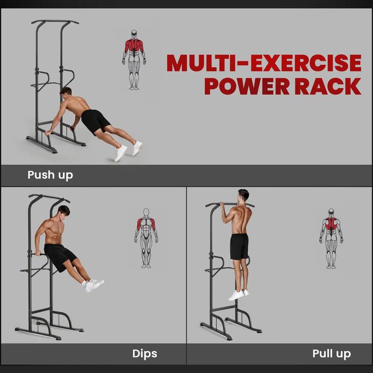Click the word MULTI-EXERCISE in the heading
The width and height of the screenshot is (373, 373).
tap(264, 63)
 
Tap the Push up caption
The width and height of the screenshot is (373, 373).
tap(50, 175)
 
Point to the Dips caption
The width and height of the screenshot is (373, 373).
tap(144, 353)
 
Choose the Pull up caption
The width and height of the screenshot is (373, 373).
tap(331, 353)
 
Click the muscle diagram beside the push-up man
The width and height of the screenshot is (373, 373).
tap(134, 59)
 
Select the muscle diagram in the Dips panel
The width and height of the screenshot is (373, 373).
tap(145, 237)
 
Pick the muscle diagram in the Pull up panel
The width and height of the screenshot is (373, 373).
tap(331, 237)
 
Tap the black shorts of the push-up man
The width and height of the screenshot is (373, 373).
tap(95, 120)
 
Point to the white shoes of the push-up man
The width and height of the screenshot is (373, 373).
tap(128, 150)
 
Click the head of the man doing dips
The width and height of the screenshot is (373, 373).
tap(63, 211)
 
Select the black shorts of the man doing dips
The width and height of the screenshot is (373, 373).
tap(59, 254)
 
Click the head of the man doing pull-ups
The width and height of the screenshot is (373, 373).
tap(243, 195)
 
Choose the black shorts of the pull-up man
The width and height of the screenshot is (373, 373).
tap(239, 246)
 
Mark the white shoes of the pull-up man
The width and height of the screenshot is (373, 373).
tap(238, 294)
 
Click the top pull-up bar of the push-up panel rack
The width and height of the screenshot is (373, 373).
tap(55, 22)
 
